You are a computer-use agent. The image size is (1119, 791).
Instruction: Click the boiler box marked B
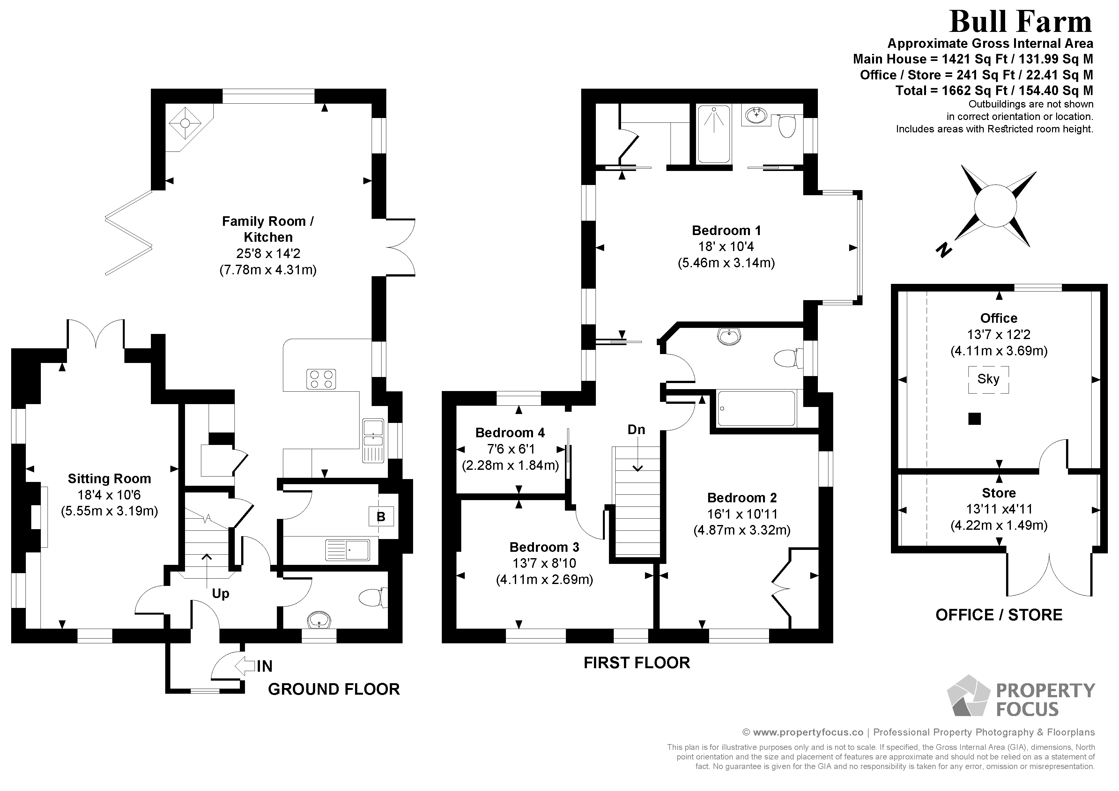coord(381,517)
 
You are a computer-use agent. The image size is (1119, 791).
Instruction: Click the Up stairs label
coord(220,594)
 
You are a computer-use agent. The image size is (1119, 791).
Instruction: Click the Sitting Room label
coord(109,479)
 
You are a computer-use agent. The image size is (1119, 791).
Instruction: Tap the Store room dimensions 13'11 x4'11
coord(999,509)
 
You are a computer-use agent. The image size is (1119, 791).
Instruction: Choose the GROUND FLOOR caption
coord(334,689)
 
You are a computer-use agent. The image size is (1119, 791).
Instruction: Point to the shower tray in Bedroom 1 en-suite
coord(714,134)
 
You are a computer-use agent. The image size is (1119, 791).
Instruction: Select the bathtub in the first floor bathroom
coord(756,408)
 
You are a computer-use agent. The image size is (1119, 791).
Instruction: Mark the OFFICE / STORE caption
coord(999,615)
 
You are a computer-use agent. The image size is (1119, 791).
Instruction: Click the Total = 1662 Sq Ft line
coord(994,91)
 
